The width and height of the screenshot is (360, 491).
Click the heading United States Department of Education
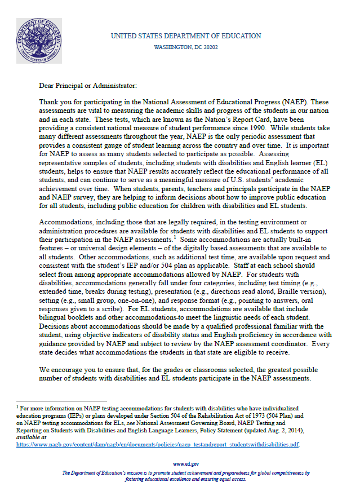tap(186, 36)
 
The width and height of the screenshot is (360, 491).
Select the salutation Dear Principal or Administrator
tap(87, 86)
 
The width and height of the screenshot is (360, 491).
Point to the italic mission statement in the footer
tap(186, 476)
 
